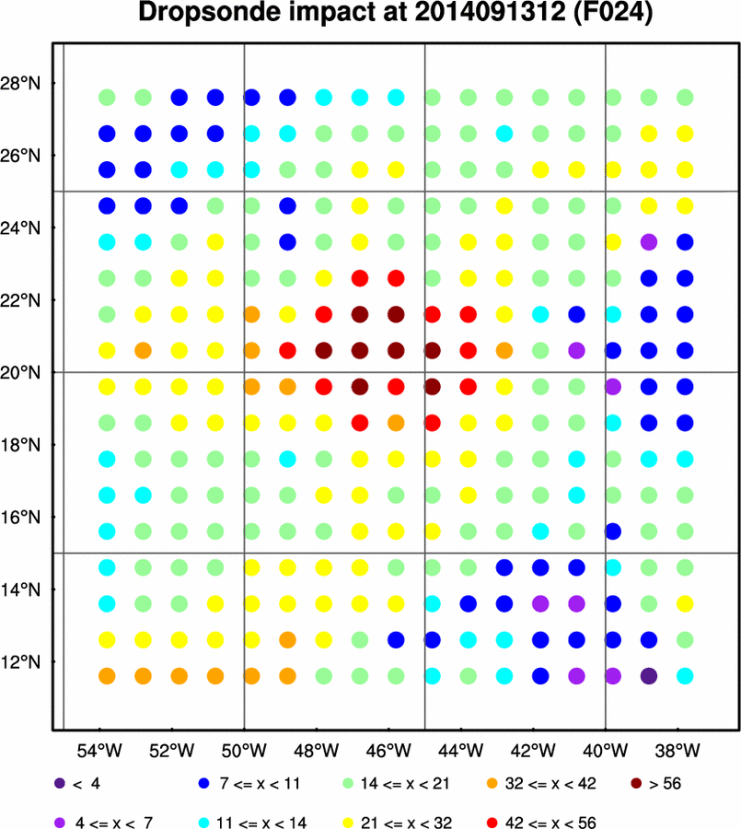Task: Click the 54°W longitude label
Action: click(99, 750)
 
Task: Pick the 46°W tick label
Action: click(388, 750)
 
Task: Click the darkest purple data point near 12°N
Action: click(649, 676)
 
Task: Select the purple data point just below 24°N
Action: click(649, 242)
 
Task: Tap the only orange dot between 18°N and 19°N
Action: click(396, 423)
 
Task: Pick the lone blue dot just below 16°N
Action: click(613, 531)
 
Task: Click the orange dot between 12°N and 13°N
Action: click(287, 640)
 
